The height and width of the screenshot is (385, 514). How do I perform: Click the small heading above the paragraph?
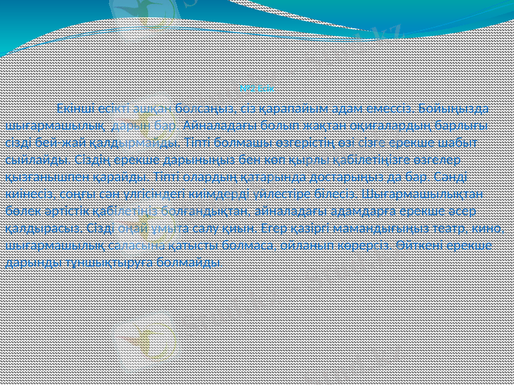(x=256, y=89)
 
